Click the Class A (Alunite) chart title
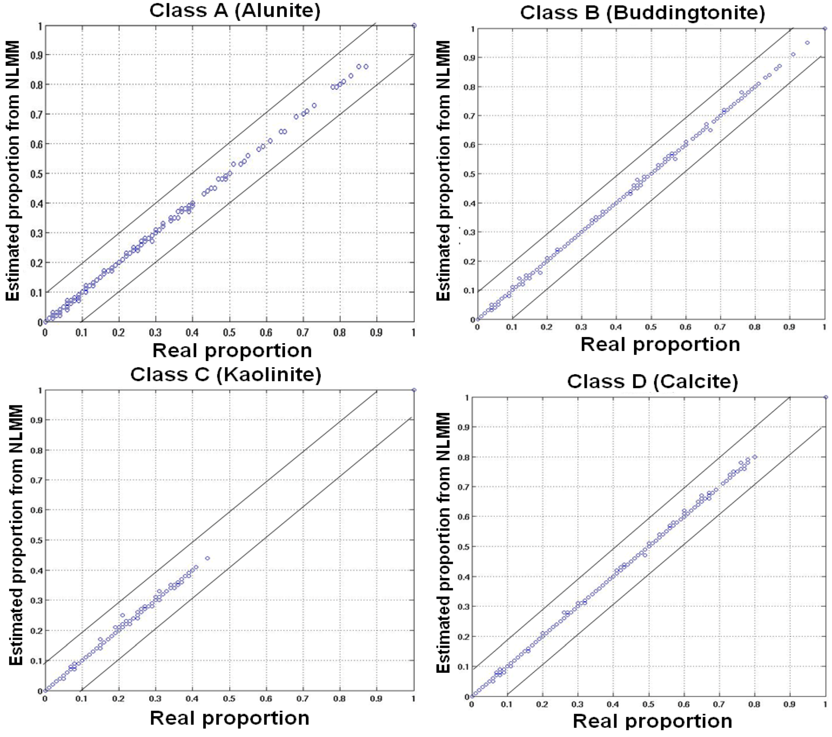pyautogui.click(x=235, y=10)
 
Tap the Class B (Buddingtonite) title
pyautogui.click(x=642, y=13)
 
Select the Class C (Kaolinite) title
pyautogui.click(x=226, y=374)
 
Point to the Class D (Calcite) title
pyautogui.click(x=652, y=382)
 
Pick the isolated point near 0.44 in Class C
pyautogui.click(x=208, y=558)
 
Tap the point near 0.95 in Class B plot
pyautogui.click(x=807, y=43)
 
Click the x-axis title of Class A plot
pyautogui.click(x=232, y=351)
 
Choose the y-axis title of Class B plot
pyautogui.click(x=443, y=171)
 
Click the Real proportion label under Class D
pyautogui.click(x=652, y=721)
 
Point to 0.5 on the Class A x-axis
pyautogui.click(x=229, y=333)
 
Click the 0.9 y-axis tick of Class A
pyautogui.click(x=36, y=55)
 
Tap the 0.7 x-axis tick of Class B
pyautogui.click(x=720, y=327)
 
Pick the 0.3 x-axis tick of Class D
pyautogui.click(x=577, y=704)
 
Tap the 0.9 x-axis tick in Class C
pyautogui.click(x=376, y=699)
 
